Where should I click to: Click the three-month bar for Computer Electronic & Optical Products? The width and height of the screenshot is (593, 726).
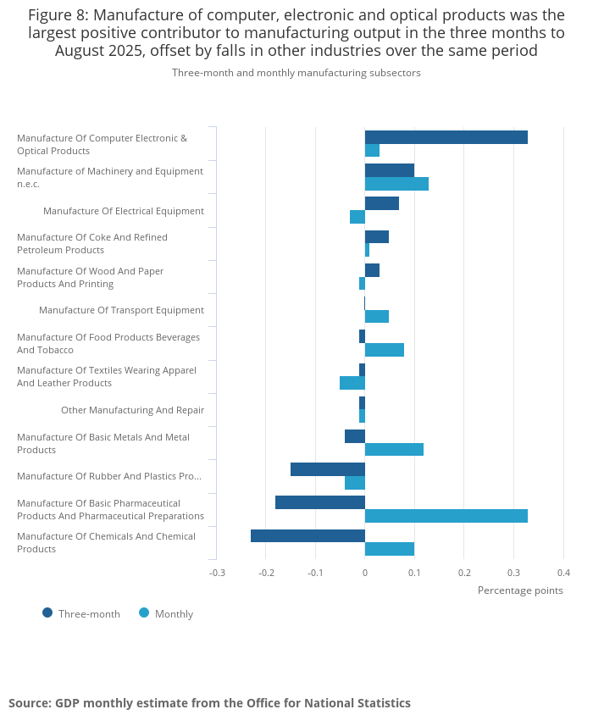[x=446, y=137]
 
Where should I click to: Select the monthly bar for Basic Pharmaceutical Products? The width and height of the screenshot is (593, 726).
[x=446, y=516]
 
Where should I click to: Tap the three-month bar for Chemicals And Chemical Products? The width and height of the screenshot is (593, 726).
[x=308, y=535]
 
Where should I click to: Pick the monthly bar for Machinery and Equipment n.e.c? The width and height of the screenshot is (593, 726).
[x=396, y=184]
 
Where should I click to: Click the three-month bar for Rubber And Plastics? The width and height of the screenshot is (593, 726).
[x=327, y=469]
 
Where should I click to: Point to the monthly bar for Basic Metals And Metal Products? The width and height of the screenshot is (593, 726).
[x=394, y=450]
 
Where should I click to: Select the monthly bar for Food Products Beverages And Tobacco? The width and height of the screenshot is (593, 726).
[x=385, y=350]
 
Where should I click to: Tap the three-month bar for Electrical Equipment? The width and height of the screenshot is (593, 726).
[x=381, y=203]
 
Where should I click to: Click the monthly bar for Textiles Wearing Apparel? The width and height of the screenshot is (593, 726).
[x=352, y=383]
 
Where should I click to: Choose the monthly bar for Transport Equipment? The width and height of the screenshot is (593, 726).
[x=377, y=317]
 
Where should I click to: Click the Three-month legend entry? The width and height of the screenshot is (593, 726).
[x=81, y=613]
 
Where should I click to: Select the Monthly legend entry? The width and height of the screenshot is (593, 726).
[x=166, y=613]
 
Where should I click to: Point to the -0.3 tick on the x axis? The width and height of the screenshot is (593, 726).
[x=217, y=573]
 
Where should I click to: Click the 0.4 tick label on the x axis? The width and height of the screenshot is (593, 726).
[x=563, y=573]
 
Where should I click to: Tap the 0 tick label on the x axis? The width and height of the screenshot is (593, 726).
[x=365, y=573]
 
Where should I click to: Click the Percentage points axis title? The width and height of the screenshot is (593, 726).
[x=520, y=590]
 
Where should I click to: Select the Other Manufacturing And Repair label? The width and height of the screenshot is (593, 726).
[x=132, y=410]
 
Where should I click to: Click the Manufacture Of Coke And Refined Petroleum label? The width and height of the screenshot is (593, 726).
[x=92, y=243]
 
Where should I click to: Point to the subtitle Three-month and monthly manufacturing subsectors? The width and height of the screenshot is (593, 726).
[x=296, y=73]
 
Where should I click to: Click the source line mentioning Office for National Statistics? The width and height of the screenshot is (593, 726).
[x=209, y=703]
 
